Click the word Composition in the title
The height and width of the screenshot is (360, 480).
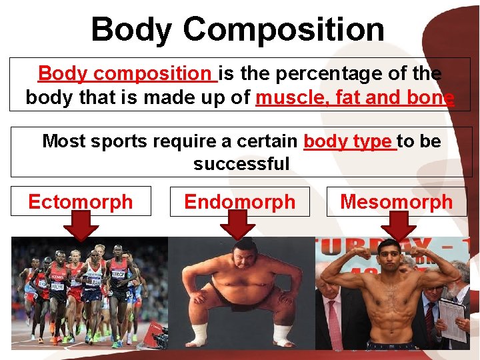tap(283, 29)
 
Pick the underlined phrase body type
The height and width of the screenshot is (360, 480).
tap(349, 141)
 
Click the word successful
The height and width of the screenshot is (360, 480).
tap(241, 163)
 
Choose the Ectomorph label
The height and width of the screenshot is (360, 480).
tap(81, 201)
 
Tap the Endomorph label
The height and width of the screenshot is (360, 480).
tap(239, 201)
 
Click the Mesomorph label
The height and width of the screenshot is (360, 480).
tap(397, 201)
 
